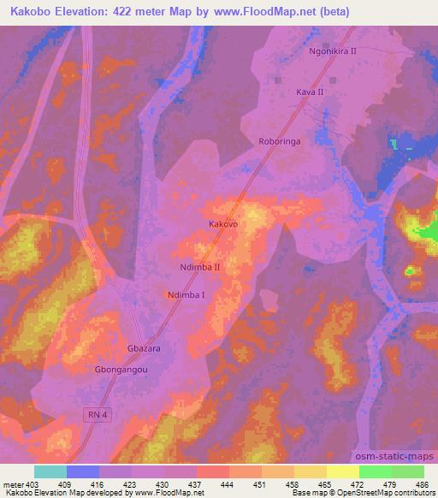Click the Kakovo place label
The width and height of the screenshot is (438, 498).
tap(222, 223)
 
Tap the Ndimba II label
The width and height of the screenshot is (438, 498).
tap(201, 268)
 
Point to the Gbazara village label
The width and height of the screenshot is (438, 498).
tap(144, 350)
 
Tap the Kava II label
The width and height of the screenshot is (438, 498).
tap(310, 92)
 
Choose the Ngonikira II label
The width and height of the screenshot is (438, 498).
tap(332, 51)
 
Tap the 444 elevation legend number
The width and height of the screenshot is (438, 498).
tap(228, 484)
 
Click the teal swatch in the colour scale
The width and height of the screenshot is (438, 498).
tap(50, 471)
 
